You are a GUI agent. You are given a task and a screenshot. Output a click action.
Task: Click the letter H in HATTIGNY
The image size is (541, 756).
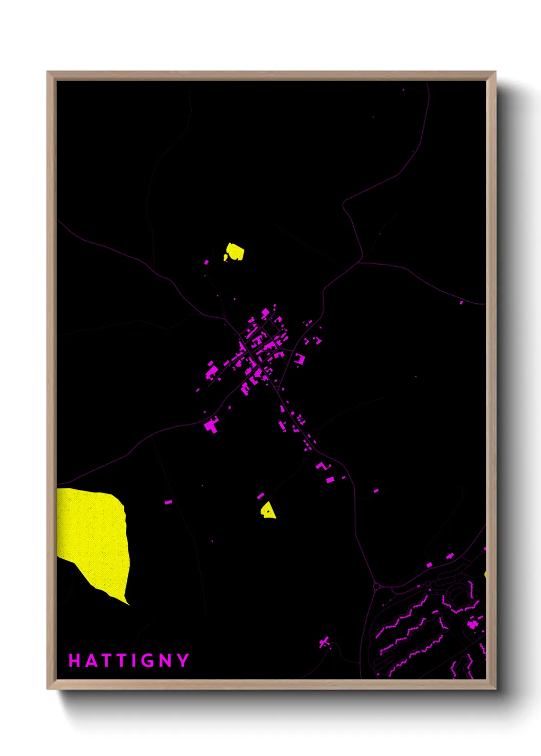point(74,660)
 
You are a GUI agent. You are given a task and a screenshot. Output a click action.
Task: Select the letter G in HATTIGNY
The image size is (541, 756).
point(147,660)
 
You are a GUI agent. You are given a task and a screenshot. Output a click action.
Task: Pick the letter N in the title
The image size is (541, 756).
point(166,660)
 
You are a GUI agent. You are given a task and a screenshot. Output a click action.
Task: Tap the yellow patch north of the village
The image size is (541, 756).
point(235,251)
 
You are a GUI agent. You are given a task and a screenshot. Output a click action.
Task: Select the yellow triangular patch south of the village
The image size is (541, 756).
point(268,510)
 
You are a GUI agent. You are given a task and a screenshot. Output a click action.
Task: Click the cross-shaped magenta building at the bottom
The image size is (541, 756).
point(324,642)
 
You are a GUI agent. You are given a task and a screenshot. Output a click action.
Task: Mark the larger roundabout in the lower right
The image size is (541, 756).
point(377,587)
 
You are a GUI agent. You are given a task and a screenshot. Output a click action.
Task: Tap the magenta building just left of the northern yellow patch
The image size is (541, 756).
point(207,262)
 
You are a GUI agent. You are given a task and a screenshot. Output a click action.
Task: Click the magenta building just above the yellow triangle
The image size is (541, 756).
point(260,495)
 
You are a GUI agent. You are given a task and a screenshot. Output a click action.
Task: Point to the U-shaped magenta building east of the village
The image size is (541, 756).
point(300,359)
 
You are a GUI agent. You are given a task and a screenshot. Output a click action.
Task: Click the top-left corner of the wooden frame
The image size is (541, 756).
point(48,73)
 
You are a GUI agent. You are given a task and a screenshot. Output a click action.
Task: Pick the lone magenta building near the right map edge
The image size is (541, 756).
point(461,303)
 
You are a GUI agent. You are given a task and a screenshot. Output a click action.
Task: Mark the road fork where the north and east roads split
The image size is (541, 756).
point(361,262)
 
